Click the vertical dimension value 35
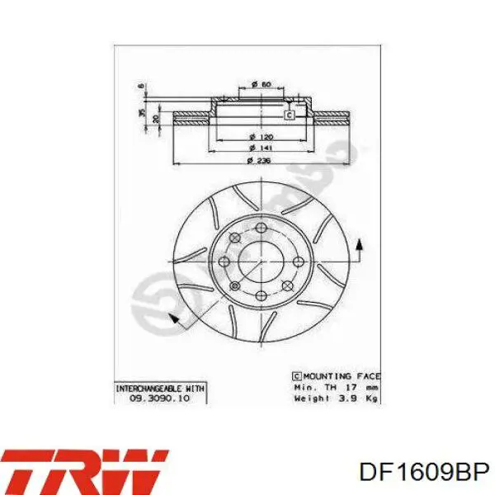(x=141, y=112)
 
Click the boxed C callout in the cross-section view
(x=289, y=115)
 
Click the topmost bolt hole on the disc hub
(x=261, y=228)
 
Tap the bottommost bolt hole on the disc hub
(x=261, y=295)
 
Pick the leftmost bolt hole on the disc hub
(x=225, y=262)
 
